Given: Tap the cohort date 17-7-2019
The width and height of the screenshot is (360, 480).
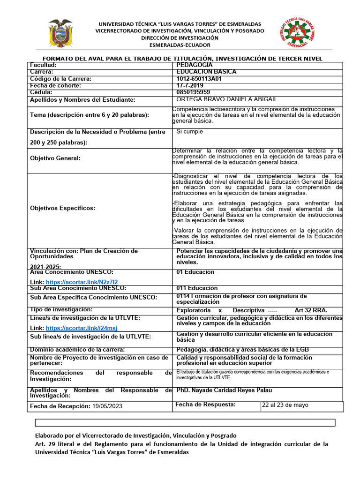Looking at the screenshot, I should click(190, 86).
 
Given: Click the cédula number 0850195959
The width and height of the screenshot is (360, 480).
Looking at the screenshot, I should click(193, 92).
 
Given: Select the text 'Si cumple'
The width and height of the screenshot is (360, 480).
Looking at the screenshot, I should click(189, 132).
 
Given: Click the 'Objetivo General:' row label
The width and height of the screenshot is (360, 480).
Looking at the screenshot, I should click(55, 158).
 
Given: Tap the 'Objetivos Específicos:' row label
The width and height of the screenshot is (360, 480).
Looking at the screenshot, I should click(62, 208).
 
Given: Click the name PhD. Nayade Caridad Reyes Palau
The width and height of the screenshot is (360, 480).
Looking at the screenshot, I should click(224, 390).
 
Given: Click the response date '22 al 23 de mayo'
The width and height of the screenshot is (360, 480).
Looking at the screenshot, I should click(285, 405).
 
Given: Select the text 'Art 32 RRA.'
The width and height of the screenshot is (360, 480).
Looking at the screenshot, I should click(311, 310).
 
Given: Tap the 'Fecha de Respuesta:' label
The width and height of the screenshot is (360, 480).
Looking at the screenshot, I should click(205, 405).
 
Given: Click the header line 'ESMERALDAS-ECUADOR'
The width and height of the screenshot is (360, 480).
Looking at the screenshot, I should click(180, 45).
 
